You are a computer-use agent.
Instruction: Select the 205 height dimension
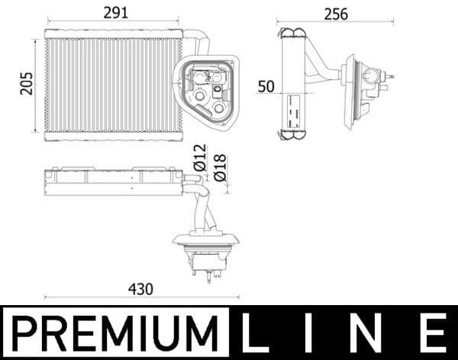tap(27, 84)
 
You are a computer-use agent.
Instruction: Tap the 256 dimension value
tap(335, 14)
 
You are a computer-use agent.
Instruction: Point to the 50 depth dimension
tap(266, 86)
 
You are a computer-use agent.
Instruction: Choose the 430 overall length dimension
tap(140, 289)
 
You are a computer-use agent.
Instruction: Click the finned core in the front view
tap(111, 84)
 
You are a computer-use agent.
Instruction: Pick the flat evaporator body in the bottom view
tap(113, 182)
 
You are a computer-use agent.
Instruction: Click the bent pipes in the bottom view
tap(202, 206)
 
